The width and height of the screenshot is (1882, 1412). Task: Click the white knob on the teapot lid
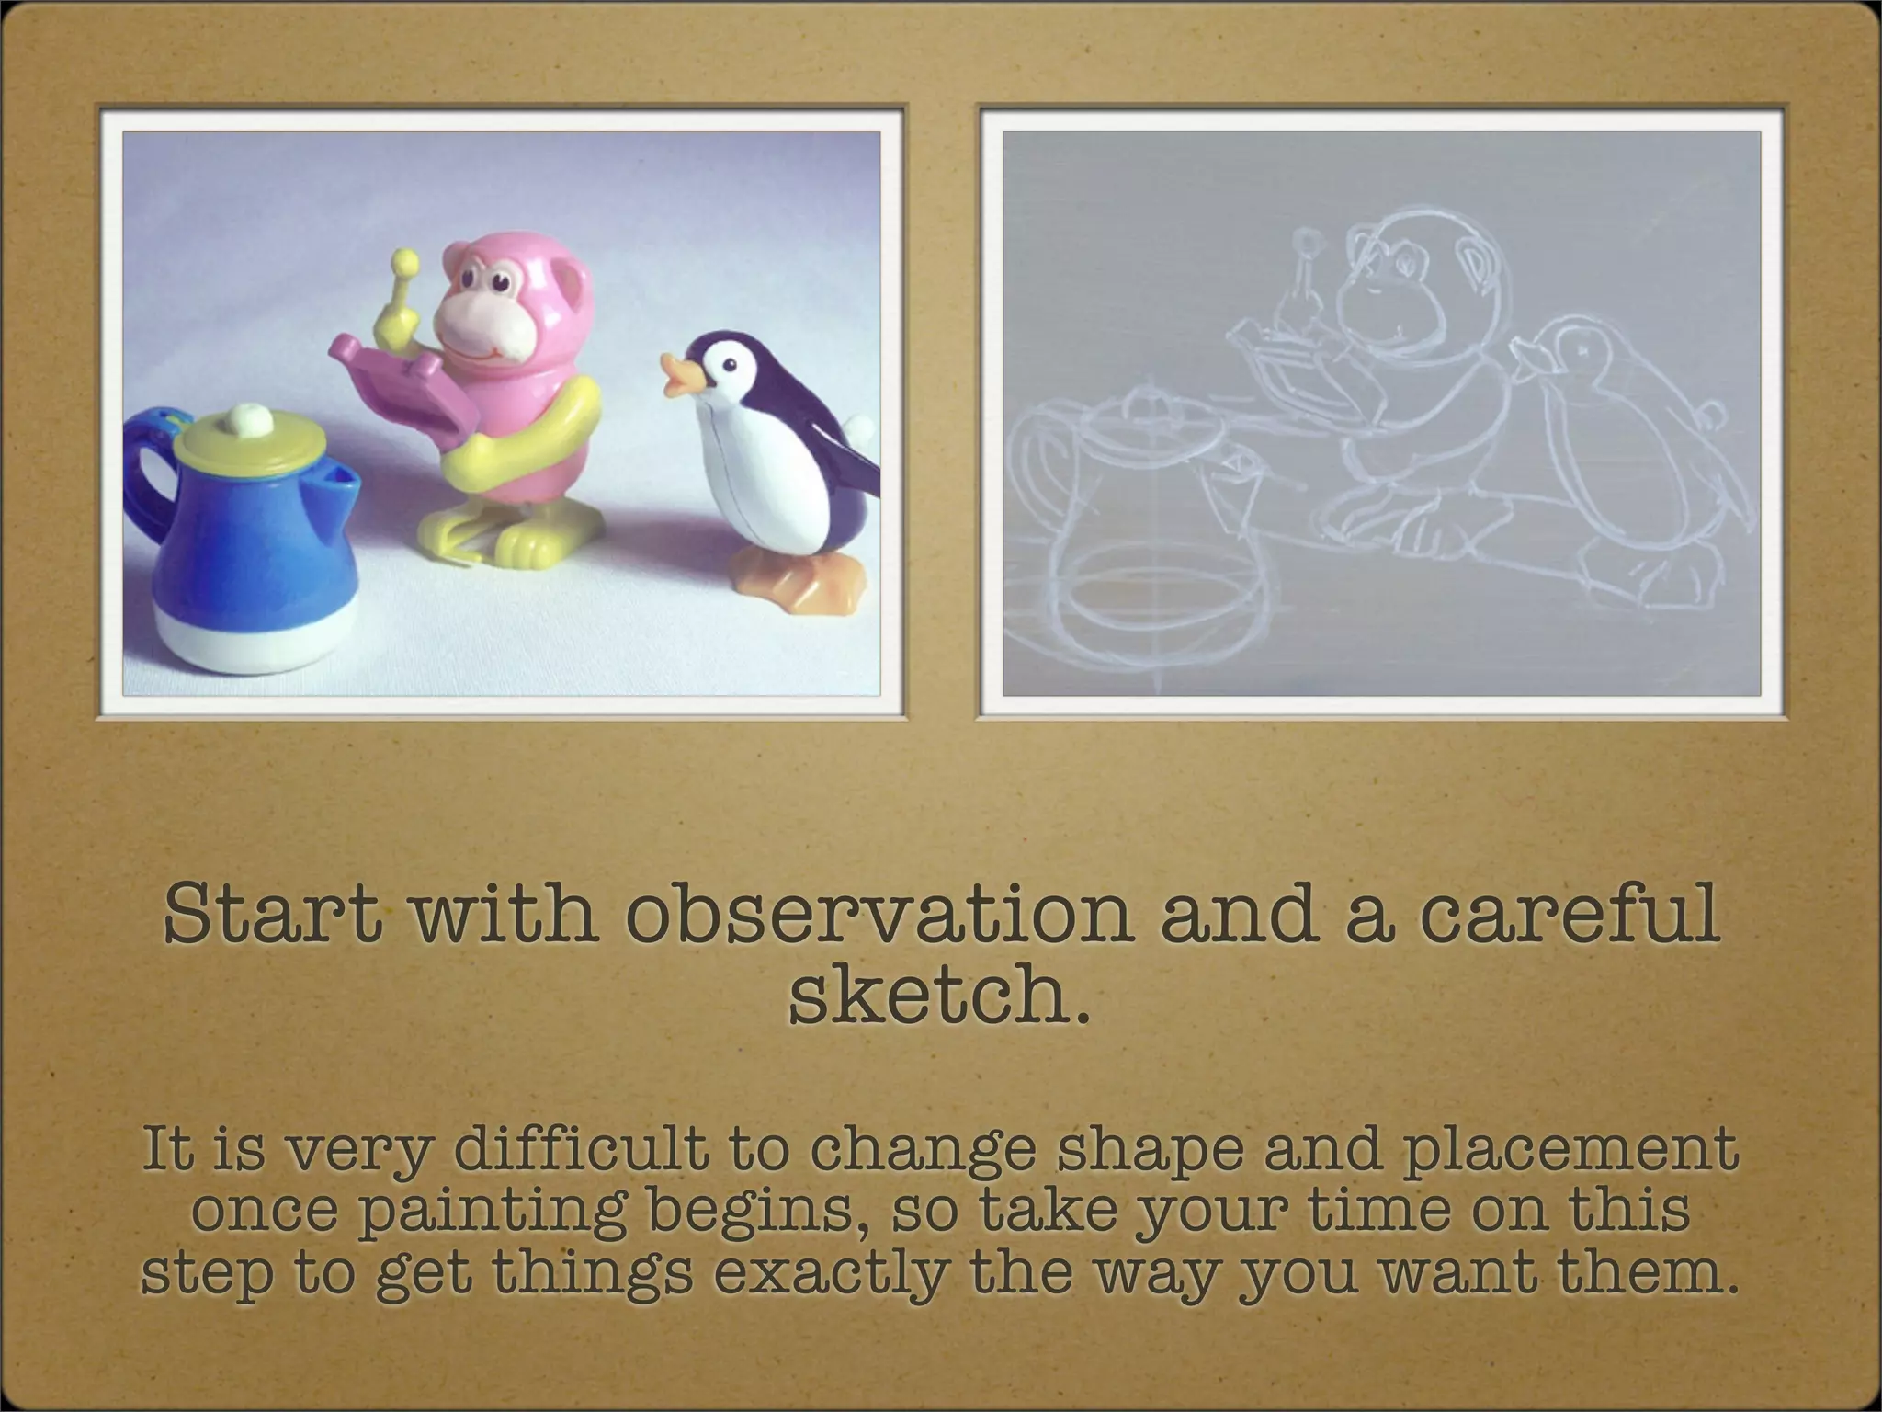point(245,419)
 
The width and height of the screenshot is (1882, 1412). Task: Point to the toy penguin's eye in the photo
point(730,365)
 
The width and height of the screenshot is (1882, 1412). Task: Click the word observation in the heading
point(879,915)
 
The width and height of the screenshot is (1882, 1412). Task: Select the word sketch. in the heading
point(940,996)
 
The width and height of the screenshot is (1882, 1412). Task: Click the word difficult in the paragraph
point(581,1150)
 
